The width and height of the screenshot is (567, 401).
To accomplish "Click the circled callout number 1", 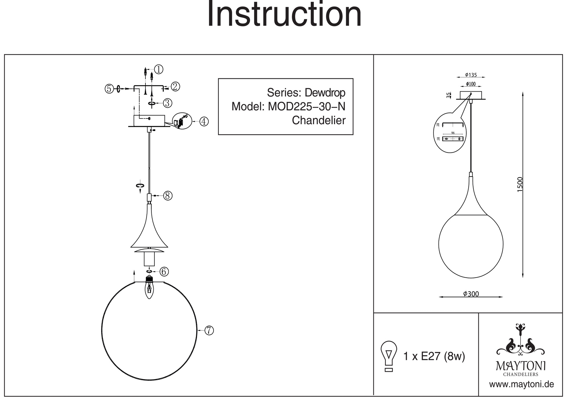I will pyautogui.click(x=158, y=69).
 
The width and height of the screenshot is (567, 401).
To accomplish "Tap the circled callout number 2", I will pyautogui.click(x=175, y=86).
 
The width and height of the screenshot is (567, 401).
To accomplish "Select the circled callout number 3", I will pyautogui.click(x=167, y=103).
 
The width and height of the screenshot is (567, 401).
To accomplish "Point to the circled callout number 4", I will pyautogui.click(x=204, y=121).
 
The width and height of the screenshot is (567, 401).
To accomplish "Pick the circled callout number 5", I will pyautogui.click(x=109, y=88).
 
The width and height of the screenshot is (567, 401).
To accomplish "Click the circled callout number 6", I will pyautogui.click(x=164, y=271).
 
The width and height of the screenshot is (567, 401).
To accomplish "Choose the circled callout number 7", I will pyautogui.click(x=209, y=330).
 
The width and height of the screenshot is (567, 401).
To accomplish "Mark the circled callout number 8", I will pyautogui.click(x=168, y=196).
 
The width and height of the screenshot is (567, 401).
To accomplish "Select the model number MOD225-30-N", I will pyautogui.click(x=307, y=106).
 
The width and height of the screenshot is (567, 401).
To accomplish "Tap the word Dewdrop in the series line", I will pyautogui.click(x=325, y=92).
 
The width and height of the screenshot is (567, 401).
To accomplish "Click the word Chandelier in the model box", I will pyautogui.click(x=319, y=120).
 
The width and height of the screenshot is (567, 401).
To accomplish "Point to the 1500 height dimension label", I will pyautogui.click(x=520, y=184).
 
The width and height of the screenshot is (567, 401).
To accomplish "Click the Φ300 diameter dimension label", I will pyautogui.click(x=471, y=294).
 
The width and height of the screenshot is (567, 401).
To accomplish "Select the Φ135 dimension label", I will pyautogui.click(x=471, y=75).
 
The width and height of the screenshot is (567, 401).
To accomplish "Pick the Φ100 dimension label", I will pyautogui.click(x=471, y=84).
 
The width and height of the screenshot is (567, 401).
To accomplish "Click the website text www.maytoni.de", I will pyautogui.click(x=522, y=384).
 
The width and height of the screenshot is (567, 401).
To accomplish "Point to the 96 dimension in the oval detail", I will pyautogui.click(x=453, y=133).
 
